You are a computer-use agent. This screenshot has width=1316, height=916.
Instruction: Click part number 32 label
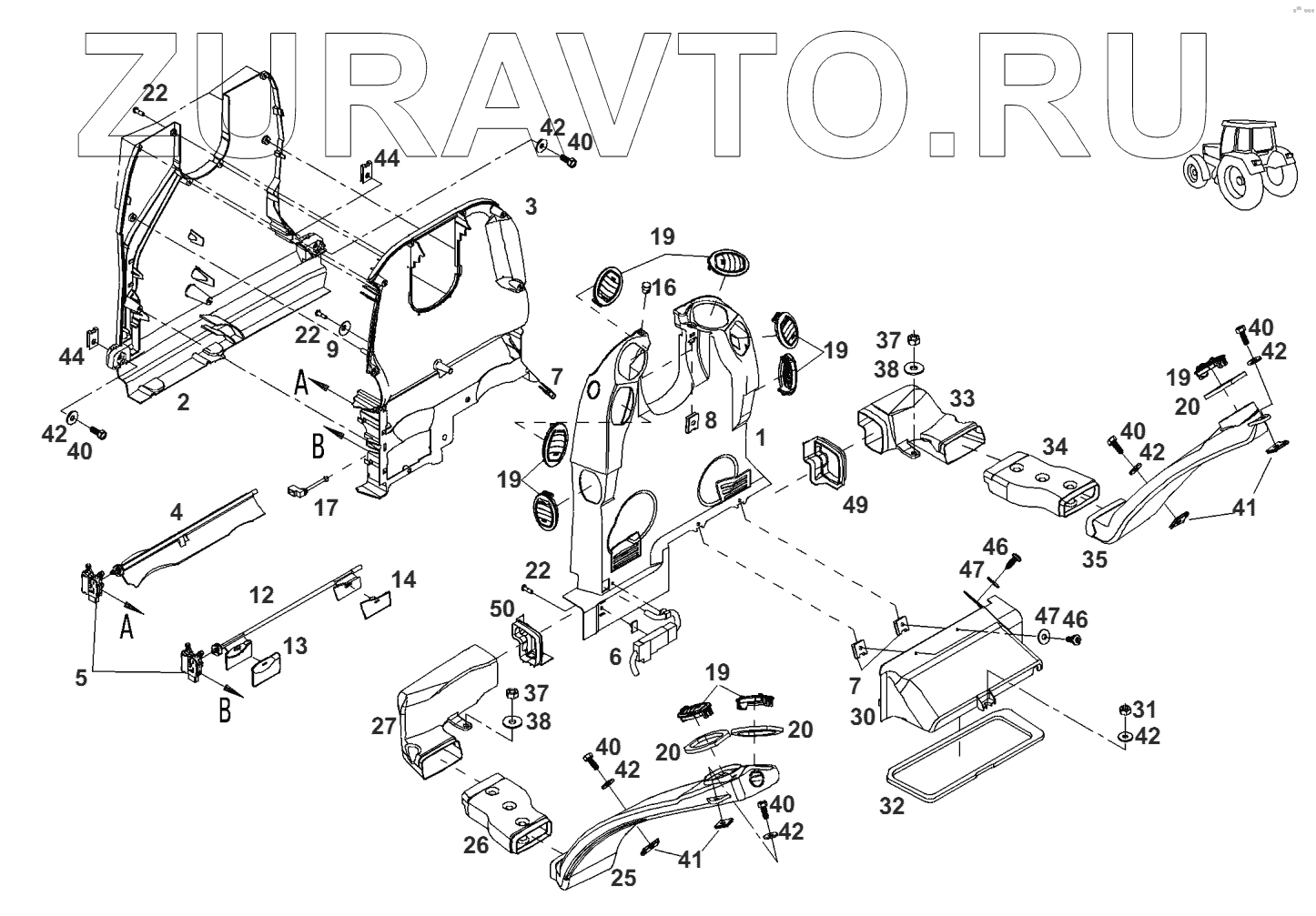point(893,805)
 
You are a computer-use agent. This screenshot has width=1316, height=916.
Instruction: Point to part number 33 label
point(962,398)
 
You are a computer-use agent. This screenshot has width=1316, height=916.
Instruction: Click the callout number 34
point(1055,447)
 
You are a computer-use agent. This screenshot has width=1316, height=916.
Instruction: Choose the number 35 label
point(1095,559)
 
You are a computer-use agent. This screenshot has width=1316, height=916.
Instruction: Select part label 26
point(476,845)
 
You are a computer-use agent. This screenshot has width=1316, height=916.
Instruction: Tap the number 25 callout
point(623,878)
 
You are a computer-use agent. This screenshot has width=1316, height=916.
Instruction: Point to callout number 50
point(501,609)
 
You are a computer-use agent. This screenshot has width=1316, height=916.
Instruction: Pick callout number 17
point(325,508)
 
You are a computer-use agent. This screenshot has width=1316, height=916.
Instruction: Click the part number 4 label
point(177,511)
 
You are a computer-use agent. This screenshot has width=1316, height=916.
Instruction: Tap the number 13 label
point(294,646)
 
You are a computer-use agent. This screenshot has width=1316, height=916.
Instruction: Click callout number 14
point(403,579)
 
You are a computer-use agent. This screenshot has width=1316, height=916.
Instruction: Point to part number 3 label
point(531,206)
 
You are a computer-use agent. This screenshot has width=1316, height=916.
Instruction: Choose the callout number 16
point(663,288)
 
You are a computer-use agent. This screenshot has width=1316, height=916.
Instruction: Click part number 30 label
point(863,716)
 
